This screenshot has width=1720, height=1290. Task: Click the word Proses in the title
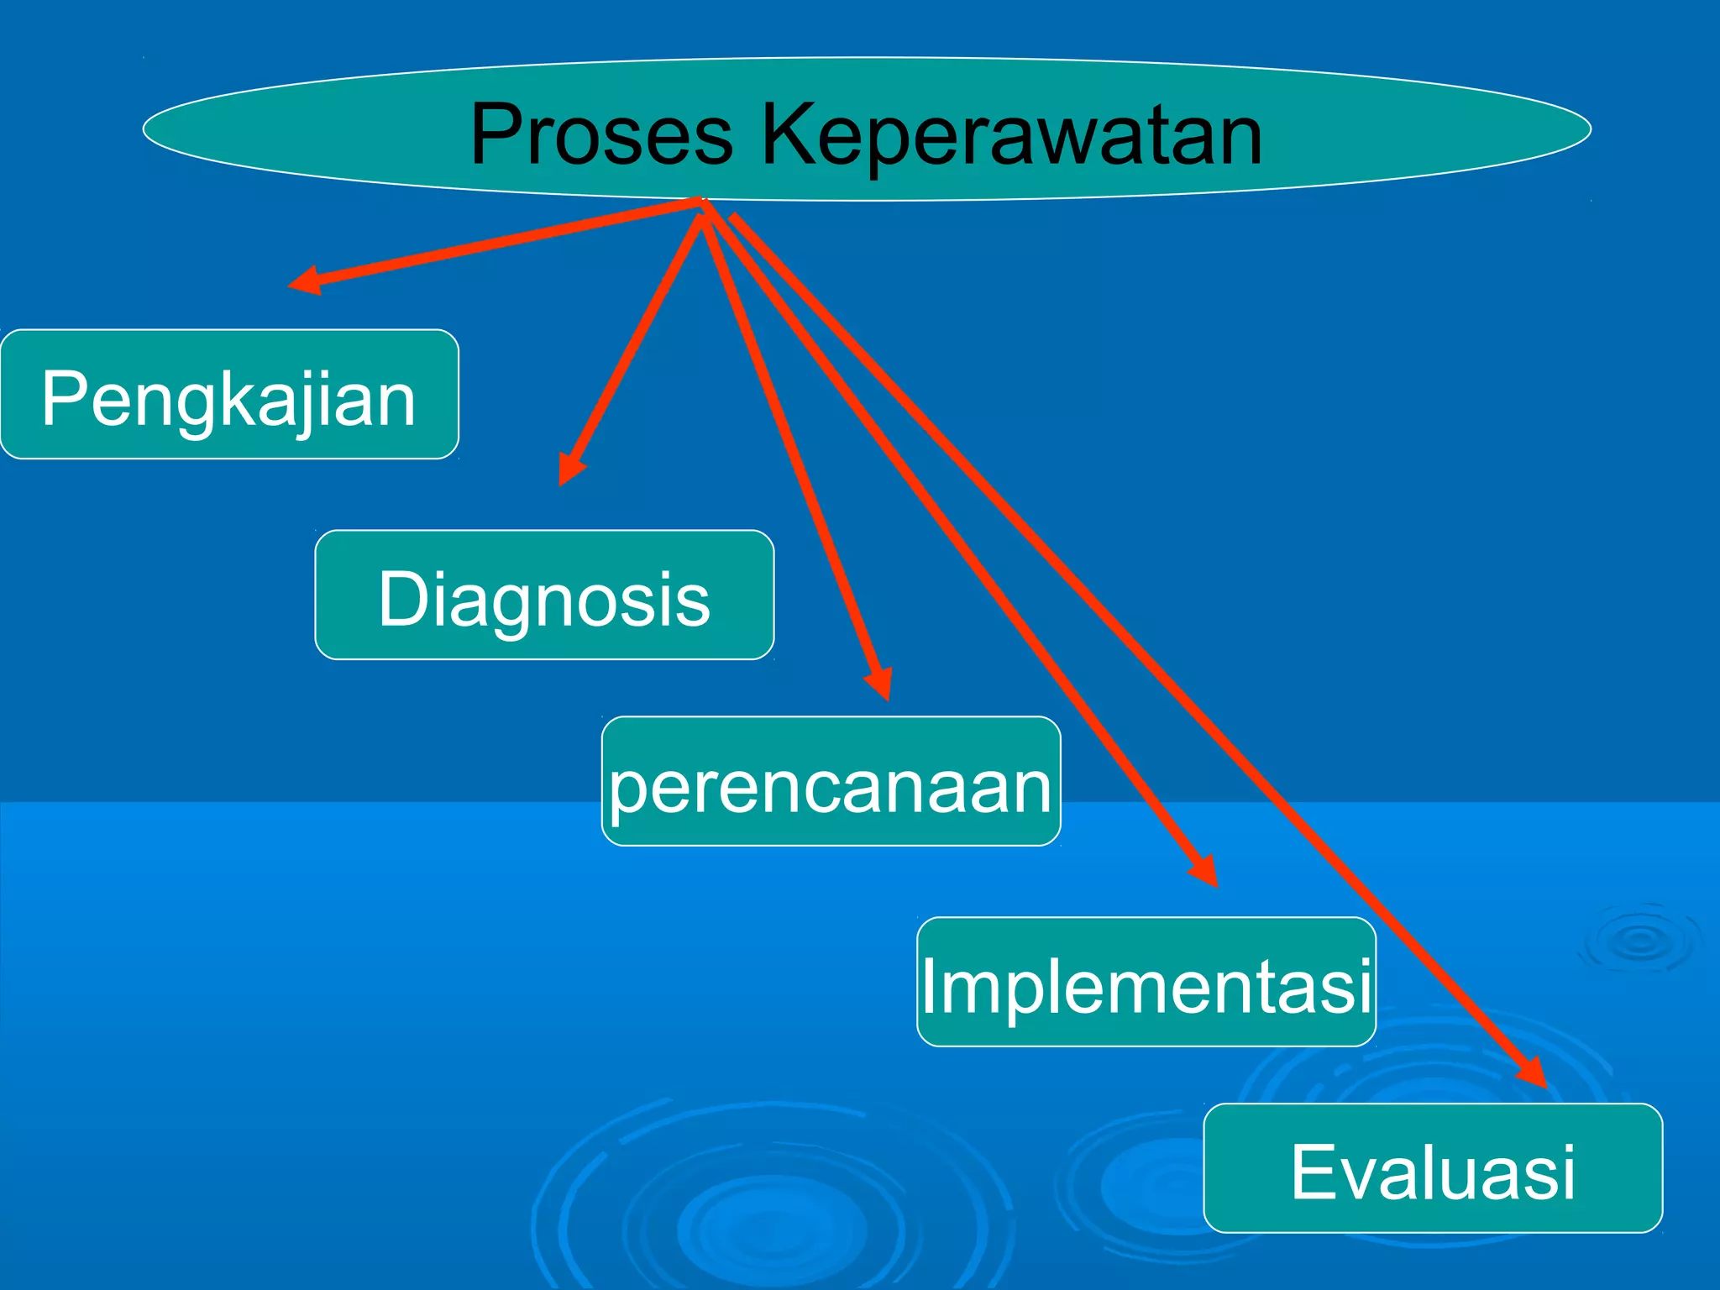click(x=601, y=134)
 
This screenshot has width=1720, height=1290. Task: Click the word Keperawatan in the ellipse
click(x=1011, y=134)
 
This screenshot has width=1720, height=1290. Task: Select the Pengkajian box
click(x=229, y=395)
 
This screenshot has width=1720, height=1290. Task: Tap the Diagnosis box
click(x=544, y=595)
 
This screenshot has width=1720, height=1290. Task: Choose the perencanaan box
click(x=831, y=781)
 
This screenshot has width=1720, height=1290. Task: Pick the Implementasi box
click(x=1146, y=982)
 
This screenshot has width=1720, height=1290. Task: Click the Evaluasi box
click(x=1433, y=1168)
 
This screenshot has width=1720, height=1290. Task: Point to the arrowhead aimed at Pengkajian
click(x=304, y=281)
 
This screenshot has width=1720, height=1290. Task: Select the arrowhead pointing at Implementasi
click(x=1206, y=873)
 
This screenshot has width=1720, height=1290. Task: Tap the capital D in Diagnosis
click(x=403, y=598)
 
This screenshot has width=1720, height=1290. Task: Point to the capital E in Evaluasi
click(x=1314, y=1172)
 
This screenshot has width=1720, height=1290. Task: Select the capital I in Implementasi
click(x=931, y=985)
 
